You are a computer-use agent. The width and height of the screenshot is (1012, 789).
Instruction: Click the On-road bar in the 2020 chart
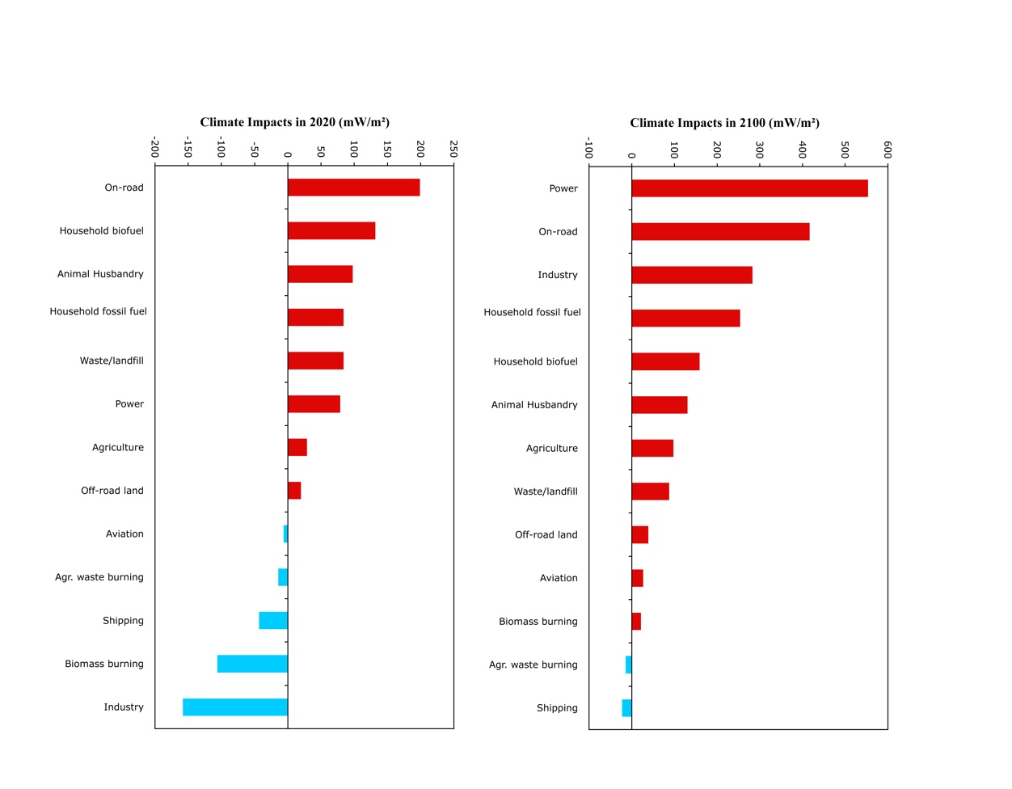pyautogui.click(x=353, y=188)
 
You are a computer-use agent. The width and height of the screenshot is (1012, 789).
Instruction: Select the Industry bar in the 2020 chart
pyautogui.click(x=235, y=707)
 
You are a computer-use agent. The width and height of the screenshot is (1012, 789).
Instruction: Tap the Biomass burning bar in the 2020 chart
pyautogui.click(x=252, y=664)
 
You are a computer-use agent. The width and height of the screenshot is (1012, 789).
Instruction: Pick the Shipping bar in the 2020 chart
pyautogui.click(x=273, y=621)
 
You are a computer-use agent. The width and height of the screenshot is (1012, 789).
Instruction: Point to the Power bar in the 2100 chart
pyautogui.click(x=749, y=188)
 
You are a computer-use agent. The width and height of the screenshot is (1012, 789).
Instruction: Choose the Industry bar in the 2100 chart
pyautogui.click(x=692, y=275)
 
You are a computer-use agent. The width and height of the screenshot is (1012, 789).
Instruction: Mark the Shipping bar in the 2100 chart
pyautogui.click(x=626, y=708)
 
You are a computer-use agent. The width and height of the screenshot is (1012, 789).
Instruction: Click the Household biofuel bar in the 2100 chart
pyautogui.click(x=665, y=361)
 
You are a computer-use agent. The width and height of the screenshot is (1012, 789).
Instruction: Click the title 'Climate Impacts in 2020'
pyautogui.click(x=295, y=122)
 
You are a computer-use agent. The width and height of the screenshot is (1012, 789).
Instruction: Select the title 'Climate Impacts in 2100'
pyautogui.click(x=725, y=123)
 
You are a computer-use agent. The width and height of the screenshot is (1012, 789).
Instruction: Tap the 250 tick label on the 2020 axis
pyautogui.click(x=453, y=149)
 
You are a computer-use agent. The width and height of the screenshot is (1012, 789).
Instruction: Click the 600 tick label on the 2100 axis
pyautogui.click(x=888, y=150)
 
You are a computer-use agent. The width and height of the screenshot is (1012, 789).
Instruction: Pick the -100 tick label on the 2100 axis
pyautogui.click(x=588, y=149)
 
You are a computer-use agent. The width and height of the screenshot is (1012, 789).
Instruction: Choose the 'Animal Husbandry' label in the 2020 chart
pyautogui.click(x=100, y=274)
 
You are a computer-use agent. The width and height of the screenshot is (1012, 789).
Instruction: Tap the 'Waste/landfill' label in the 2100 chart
pyautogui.click(x=546, y=492)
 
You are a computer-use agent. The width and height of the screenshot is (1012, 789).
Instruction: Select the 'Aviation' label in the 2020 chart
pyautogui.click(x=124, y=534)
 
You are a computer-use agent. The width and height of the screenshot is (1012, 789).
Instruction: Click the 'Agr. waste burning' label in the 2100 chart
pyautogui.click(x=533, y=665)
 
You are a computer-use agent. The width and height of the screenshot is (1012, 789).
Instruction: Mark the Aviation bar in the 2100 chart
pyautogui.click(x=637, y=578)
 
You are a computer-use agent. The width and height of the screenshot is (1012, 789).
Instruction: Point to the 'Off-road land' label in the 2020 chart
pyautogui.click(x=112, y=491)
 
